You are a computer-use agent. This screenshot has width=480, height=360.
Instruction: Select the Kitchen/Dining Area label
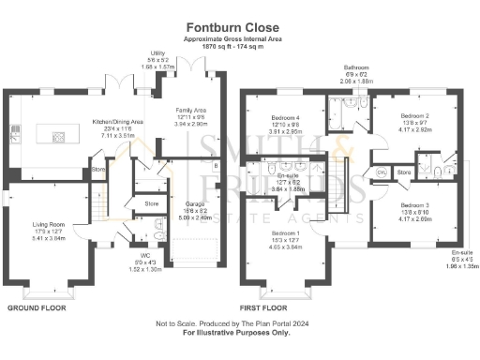pos(116,123)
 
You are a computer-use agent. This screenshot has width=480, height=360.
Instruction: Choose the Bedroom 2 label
pos(388,111)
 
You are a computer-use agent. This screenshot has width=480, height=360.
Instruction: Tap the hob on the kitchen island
pos(58,137)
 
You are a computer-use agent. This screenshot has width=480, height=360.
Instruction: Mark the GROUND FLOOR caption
pos(37,307)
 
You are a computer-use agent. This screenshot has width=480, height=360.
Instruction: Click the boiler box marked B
pos(217,168)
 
